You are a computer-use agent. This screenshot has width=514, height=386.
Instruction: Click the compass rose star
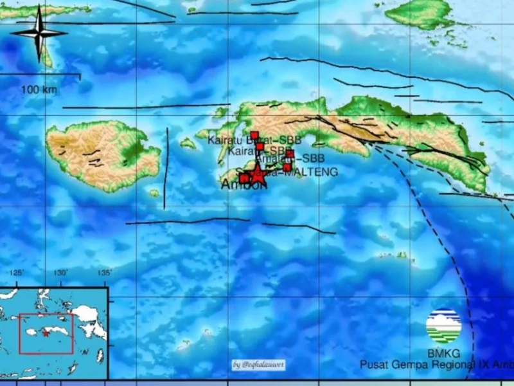[39, 32]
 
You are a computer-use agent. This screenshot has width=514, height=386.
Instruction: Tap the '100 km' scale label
[39, 89]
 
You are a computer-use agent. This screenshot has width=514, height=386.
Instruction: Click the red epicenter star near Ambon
[257, 170]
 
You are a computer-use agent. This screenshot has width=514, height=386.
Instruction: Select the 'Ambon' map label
[243, 185]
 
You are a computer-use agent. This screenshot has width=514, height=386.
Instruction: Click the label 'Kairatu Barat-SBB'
[254, 140]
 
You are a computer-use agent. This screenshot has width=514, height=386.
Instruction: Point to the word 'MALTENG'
[313, 172]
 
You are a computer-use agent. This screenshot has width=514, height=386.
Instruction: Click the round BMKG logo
[443, 326]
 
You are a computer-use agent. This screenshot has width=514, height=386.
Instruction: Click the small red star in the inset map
[46, 333]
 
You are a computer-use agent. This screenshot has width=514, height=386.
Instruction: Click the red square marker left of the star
[244, 178]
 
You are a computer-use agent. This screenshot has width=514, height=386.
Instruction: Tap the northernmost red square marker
[254, 135]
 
